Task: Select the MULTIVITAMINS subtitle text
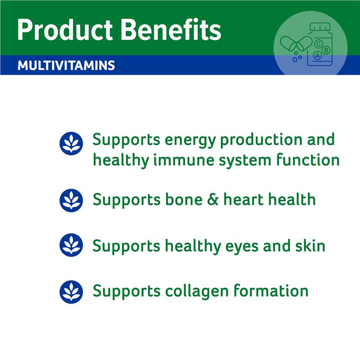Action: (x=66, y=66)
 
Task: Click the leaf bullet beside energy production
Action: (x=71, y=144)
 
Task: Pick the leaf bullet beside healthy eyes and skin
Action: (x=71, y=245)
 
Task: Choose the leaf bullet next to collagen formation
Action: (x=71, y=291)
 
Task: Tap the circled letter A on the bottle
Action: (x=318, y=56)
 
